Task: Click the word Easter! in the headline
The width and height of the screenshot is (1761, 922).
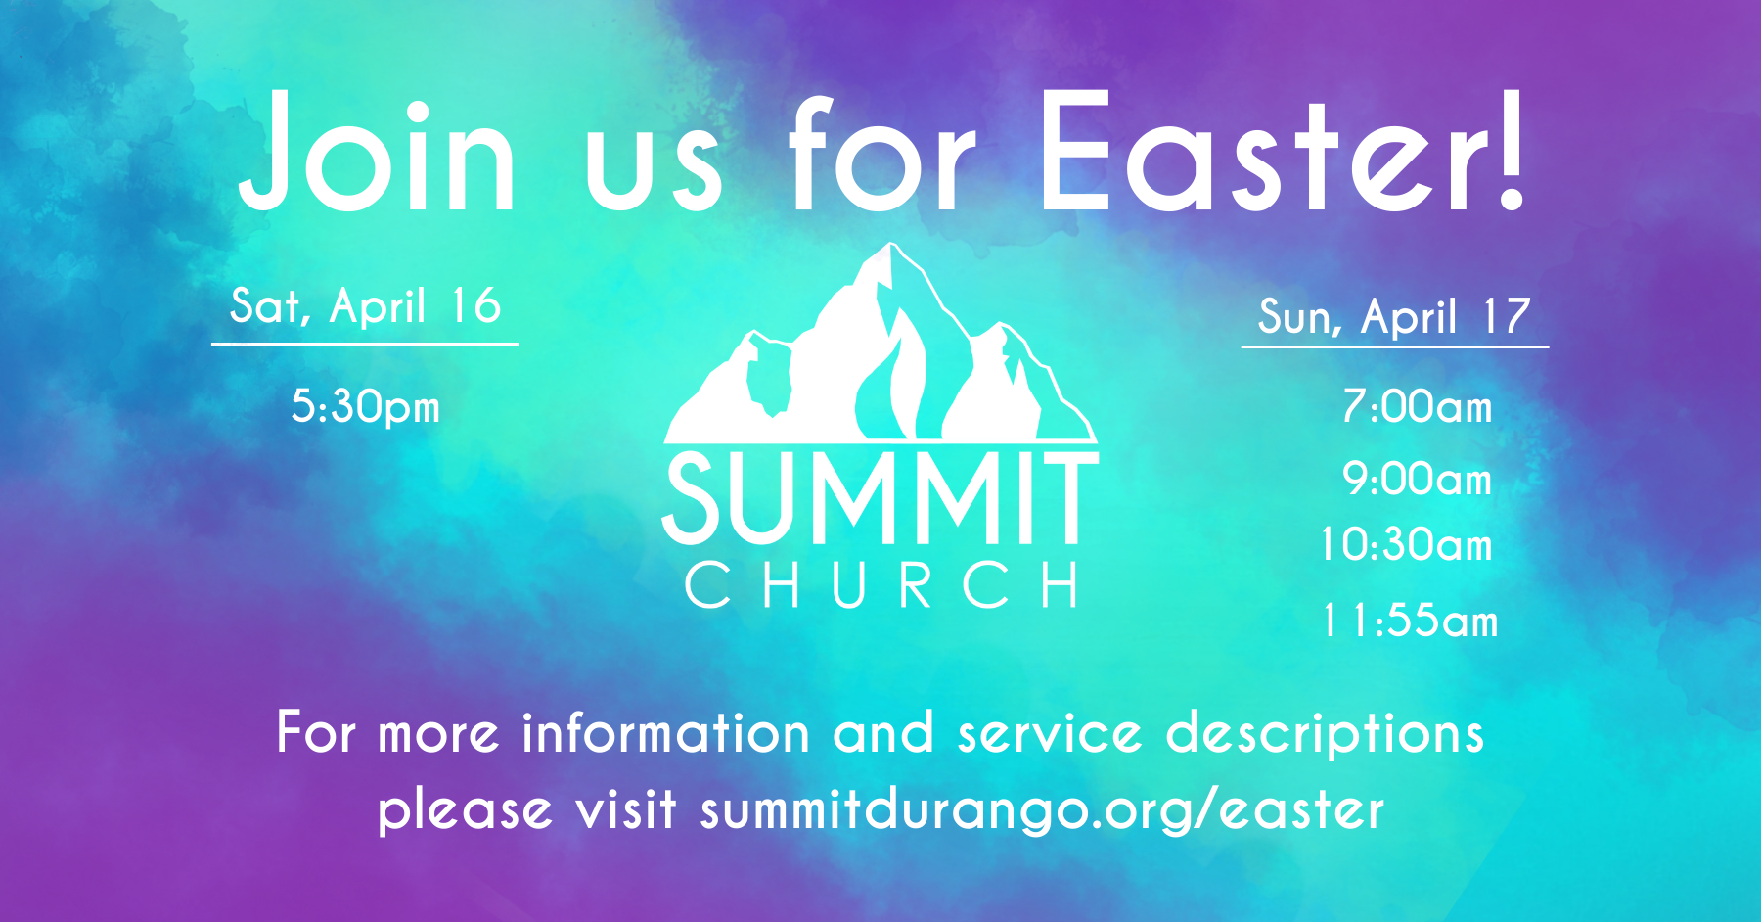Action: [x=1282, y=151]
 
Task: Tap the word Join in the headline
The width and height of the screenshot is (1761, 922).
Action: [x=377, y=151]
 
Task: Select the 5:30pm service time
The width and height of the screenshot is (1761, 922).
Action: [x=366, y=407]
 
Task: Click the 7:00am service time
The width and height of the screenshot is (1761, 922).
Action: [x=1418, y=407]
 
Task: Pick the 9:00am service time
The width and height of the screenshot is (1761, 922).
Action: [x=1418, y=480]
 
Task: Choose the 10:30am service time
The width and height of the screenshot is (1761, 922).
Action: [x=1407, y=545]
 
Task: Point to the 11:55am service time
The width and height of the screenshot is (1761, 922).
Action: [x=1410, y=622]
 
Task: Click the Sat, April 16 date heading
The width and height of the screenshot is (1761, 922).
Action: [x=366, y=307]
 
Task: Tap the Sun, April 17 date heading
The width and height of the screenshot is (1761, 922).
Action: [x=1395, y=317]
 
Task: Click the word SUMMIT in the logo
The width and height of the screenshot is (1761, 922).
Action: [x=880, y=498]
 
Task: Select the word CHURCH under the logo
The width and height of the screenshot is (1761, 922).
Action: [x=881, y=585]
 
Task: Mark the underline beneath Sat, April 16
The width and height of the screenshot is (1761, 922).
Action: [x=365, y=344]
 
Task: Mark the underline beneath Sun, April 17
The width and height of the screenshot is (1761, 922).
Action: [x=1395, y=346]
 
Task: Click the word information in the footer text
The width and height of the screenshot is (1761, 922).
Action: [x=666, y=733]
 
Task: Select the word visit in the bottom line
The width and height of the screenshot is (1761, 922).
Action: [x=626, y=809]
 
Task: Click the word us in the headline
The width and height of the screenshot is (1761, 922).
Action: [x=654, y=172]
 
